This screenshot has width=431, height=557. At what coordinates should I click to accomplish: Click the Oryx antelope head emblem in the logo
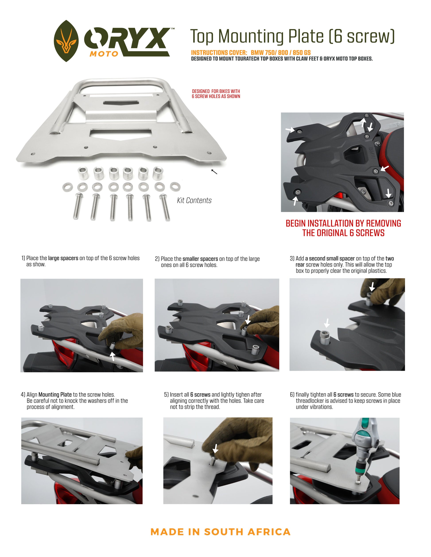[66, 41]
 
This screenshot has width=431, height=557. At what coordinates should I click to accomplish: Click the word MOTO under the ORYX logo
[104, 54]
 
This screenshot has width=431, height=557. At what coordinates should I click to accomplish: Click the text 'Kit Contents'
[194, 200]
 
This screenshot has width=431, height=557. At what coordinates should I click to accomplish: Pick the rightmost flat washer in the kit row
[175, 186]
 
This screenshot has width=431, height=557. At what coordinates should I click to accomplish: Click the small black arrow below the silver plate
[214, 172]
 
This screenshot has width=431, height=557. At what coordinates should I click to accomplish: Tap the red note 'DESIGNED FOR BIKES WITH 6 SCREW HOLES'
[216, 94]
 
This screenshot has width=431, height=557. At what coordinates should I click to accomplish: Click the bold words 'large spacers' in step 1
[63, 258]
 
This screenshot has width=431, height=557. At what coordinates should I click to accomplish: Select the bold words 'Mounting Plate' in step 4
[55, 395]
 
